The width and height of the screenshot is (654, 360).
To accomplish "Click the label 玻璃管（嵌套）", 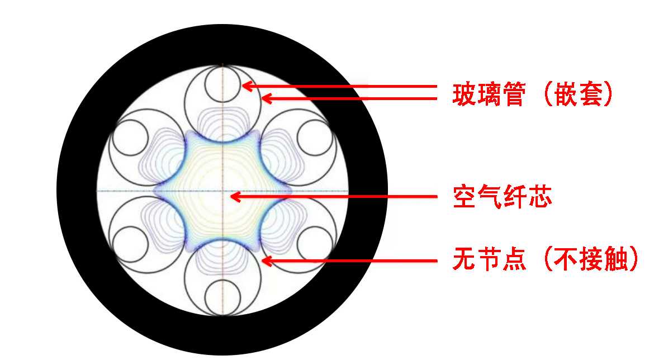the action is (x=533, y=95).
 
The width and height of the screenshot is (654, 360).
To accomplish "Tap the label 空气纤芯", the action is (x=502, y=197).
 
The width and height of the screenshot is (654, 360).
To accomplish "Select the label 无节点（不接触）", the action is (x=546, y=261).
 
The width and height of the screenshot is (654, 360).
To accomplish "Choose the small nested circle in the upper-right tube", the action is (x=315, y=136).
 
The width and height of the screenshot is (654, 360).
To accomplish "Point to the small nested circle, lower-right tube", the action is (x=315, y=244).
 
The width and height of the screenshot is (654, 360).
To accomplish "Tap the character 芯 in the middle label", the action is (x=539, y=197).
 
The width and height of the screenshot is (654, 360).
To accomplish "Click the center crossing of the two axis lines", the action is (x=222, y=191).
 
